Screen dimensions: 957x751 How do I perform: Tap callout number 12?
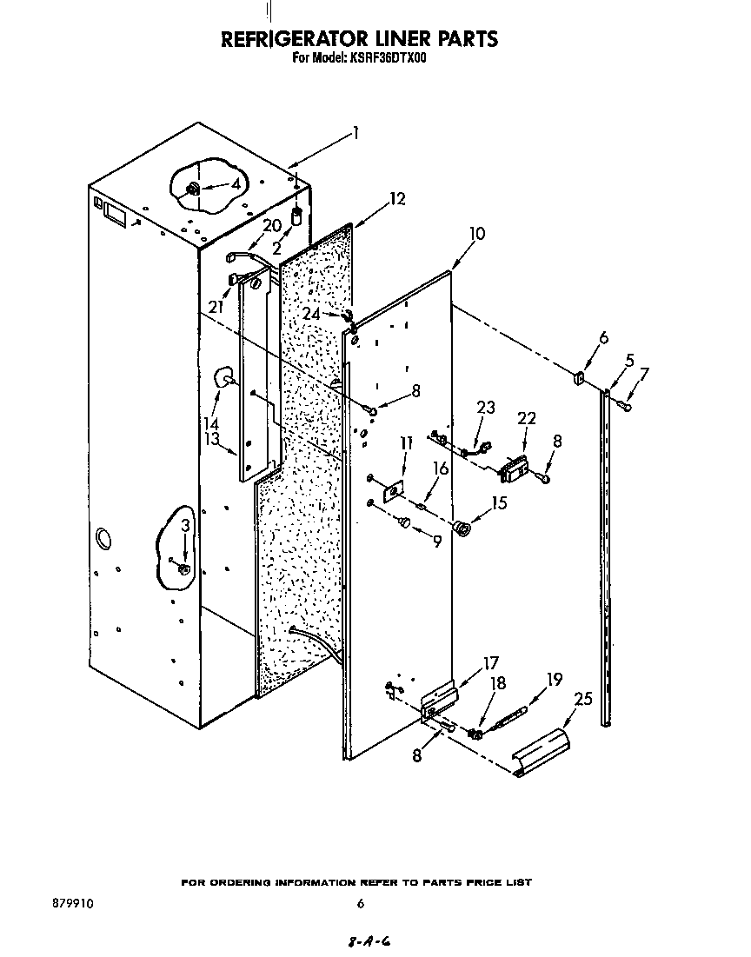(396, 199)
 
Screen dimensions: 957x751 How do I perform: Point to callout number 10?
(476, 234)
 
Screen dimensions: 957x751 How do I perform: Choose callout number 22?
(527, 419)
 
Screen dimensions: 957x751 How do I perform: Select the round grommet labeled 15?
(462, 528)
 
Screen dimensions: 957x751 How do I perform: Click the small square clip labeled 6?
(576, 378)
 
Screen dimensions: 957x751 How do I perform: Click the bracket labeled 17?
(438, 699)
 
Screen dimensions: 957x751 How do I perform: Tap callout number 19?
(555, 680)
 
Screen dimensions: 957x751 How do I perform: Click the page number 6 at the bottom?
(360, 904)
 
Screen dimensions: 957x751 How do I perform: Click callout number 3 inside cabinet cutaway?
(185, 526)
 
